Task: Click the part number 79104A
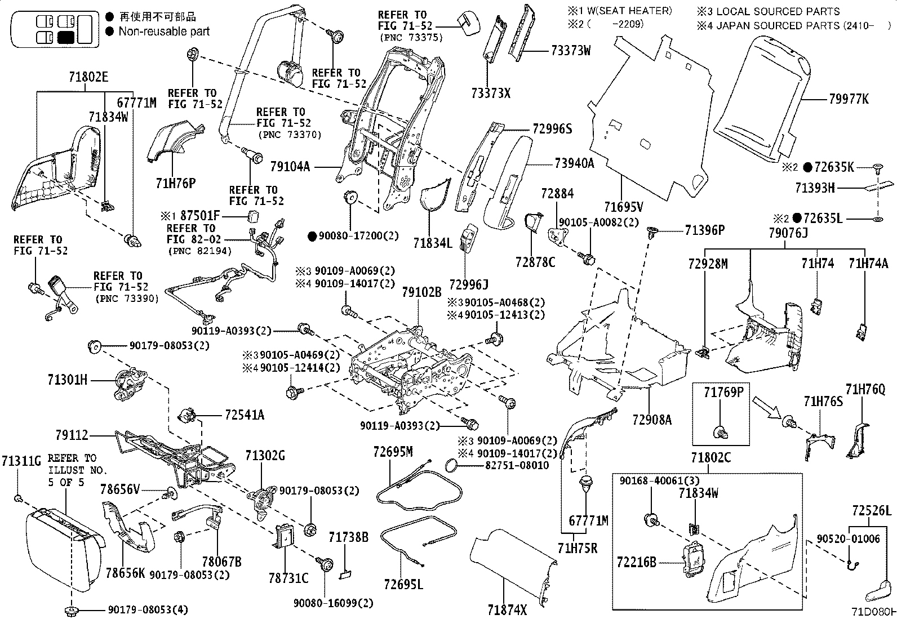[290, 167]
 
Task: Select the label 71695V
[624, 207]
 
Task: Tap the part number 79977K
[849, 99]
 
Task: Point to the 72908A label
[652, 420]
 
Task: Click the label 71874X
[507, 610]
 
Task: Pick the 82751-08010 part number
[517, 465]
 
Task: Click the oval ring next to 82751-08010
[453, 466]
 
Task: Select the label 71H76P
[176, 183]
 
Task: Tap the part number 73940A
[574, 163]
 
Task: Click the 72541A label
[245, 415]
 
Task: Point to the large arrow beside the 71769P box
[765, 407]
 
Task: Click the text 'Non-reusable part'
[164, 31]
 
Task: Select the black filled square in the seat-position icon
[66, 37]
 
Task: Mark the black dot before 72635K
[808, 167]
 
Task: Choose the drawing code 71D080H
[874, 612]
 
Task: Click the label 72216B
[636, 562]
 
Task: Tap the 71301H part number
[67, 379]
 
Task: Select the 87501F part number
[200, 215]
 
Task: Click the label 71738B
[348, 537]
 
